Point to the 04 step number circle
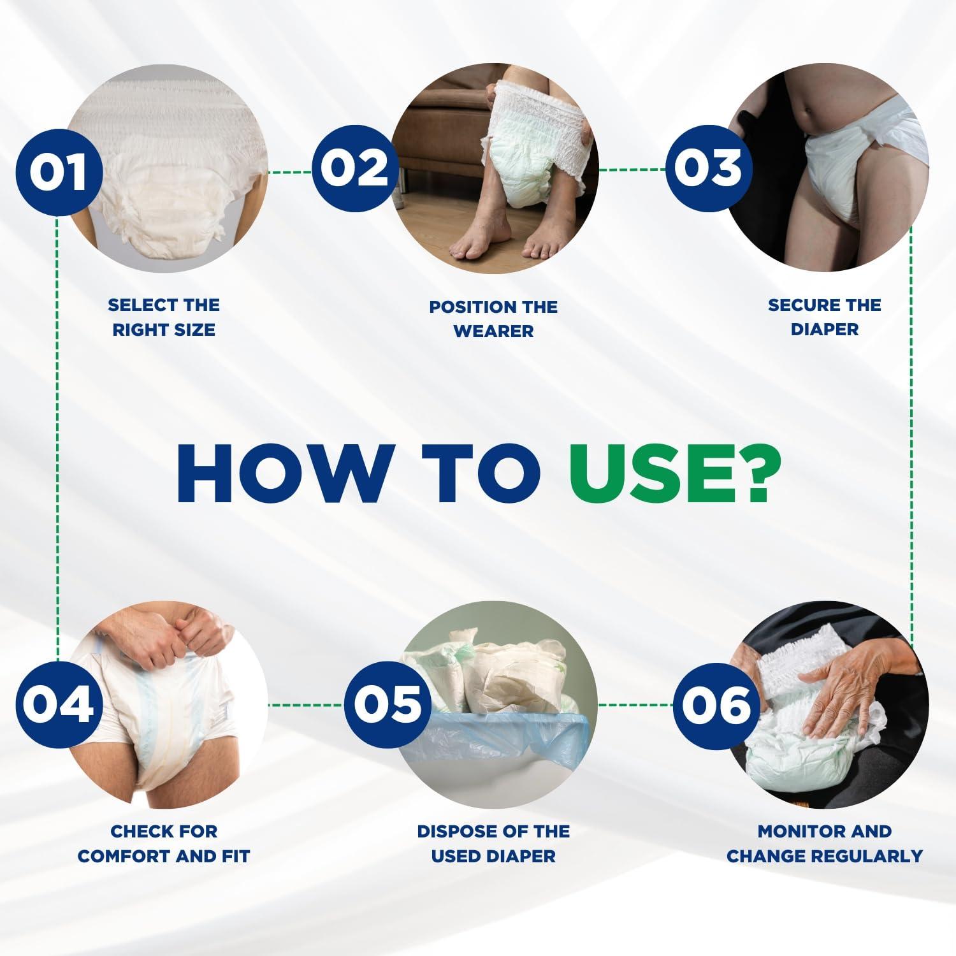[x=58, y=705]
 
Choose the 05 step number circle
[x=387, y=705]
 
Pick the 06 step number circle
[x=716, y=705]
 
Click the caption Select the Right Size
[x=164, y=317]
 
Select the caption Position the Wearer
[x=493, y=319]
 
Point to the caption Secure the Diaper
[x=824, y=317]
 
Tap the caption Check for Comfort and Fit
[x=164, y=843]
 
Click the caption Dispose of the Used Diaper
[x=493, y=843]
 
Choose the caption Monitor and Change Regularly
[x=825, y=843]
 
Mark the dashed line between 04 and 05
[x=306, y=705]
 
